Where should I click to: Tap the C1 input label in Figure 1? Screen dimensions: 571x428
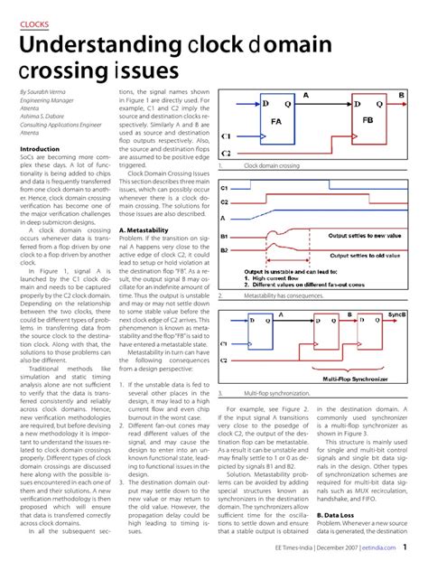coord(226,137)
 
